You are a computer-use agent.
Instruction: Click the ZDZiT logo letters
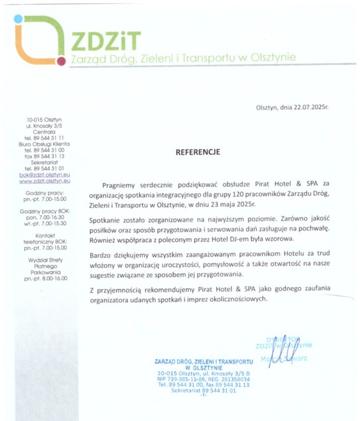click(105, 40)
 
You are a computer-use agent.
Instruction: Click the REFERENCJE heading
click(197, 152)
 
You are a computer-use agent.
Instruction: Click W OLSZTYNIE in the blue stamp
click(204, 366)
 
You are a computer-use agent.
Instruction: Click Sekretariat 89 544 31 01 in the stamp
click(204, 390)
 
